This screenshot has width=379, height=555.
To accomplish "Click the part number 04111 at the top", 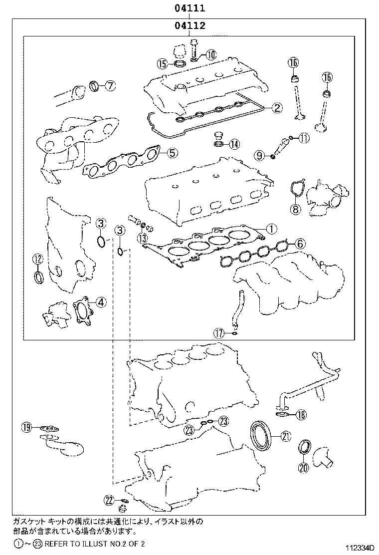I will pyautogui.click(x=190, y=8).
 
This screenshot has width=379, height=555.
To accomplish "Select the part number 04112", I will pyautogui.click(x=190, y=25).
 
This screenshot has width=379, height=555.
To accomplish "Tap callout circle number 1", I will pyautogui.click(x=270, y=229).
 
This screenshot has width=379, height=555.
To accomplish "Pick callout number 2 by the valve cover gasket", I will pyautogui.click(x=277, y=107).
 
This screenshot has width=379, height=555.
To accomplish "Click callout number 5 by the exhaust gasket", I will pyautogui.click(x=171, y=153).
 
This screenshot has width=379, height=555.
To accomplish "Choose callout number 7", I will pyautogui.click(x=110, y=85).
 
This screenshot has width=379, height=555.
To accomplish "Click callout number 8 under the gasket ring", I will pyautogui.click(x=295, y=209).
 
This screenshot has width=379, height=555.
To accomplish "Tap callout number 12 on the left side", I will pyautogui.click(x=38, y=259).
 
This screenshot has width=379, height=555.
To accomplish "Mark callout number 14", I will pyautogui.click(x=234, y=145).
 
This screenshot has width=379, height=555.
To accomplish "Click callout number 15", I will pyautogui.click(x=162, y=63).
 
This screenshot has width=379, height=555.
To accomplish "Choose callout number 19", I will pyautogui.click(x=26, y=427).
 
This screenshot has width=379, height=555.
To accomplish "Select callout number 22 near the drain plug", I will pyautogui.click(x=109, y=500).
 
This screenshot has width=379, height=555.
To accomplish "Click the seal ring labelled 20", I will pyautogui.click(x=304, y=448).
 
